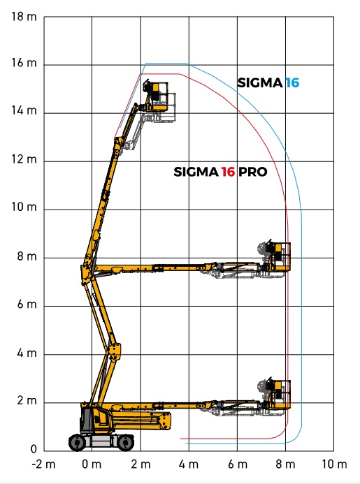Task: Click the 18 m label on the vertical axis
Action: point(24,16)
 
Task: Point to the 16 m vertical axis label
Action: point(24,63)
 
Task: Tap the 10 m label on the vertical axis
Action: point(24,207)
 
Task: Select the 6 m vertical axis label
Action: point(27,305)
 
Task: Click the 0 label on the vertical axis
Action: point(34,449)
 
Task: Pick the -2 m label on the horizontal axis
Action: point(43,464)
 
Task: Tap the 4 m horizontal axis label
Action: point(189,464)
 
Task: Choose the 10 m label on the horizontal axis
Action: point(334,464)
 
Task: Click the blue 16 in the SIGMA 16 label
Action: point(292,82)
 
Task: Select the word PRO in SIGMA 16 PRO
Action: point(253,172)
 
